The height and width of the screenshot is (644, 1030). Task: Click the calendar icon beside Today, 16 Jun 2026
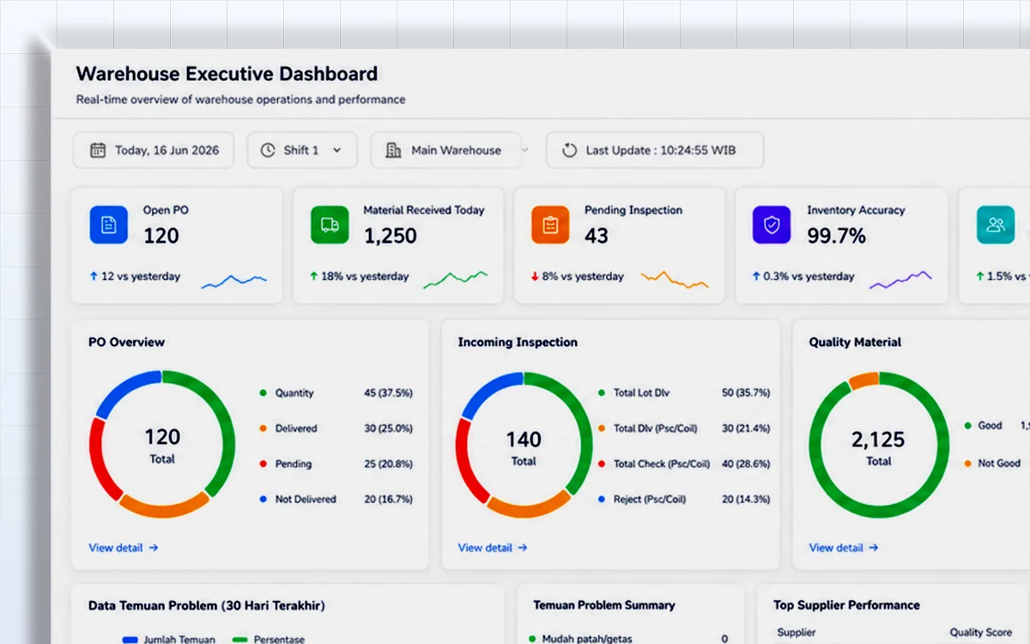tap(98, 150)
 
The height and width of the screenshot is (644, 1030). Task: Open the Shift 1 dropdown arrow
tap(337, 150)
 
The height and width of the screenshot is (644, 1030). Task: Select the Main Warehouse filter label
tap(456, 150)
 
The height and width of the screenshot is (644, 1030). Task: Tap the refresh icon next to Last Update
tap(569, 150)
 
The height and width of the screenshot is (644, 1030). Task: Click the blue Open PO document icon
tap(108, 224)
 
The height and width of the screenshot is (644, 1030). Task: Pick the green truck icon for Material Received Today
tap(330, 224)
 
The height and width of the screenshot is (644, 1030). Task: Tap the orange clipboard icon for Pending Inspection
tap(550, 224)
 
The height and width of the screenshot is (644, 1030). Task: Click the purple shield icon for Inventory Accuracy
tap(772, 224)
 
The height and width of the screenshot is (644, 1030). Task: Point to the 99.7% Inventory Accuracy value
tap(836, 235)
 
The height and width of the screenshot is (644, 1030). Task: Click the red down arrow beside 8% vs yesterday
tap(535, 276)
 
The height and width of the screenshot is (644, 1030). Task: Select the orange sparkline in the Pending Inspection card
tap(675, 279)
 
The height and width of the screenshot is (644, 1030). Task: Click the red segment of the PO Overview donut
tap(102, 460)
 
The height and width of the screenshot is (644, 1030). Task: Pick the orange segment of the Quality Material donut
tap(864, 380)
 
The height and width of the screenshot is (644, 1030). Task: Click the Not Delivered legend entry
tap(306, 499)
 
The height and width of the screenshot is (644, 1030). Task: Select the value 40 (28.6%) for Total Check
tap(746, 464)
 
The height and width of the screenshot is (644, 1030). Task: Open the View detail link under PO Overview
tap(124, 548)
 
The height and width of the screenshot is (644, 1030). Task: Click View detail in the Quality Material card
tap(844, 548)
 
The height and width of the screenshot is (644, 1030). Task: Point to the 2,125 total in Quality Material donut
tap(878, 440)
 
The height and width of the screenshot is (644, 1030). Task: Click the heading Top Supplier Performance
tap(846, 605)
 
